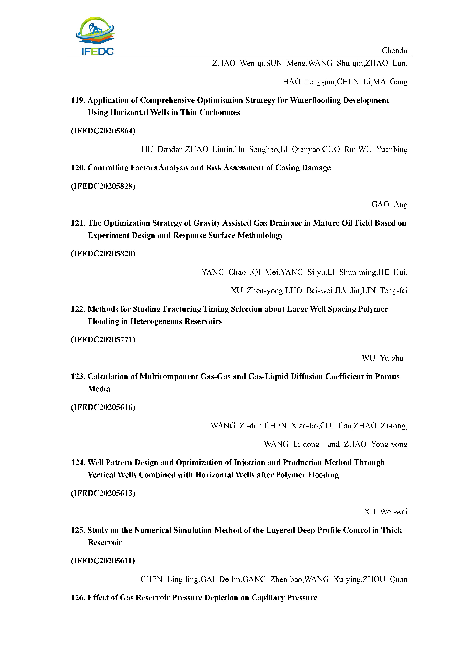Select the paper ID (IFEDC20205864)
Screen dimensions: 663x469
click(103, 131)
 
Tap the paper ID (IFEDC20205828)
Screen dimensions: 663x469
click(103, 186)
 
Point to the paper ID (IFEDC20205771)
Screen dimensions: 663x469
click(103, 340)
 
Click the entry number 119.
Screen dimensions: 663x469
click(78, 100)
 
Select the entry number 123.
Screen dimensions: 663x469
click(78, 376)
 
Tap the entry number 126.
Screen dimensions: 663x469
click(78, 597)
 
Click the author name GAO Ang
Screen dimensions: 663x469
click(389, 205)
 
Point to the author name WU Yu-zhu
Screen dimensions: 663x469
click(382, 358)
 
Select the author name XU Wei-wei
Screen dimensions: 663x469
click(385, 512)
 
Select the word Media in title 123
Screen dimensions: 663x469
click(99, 389)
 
